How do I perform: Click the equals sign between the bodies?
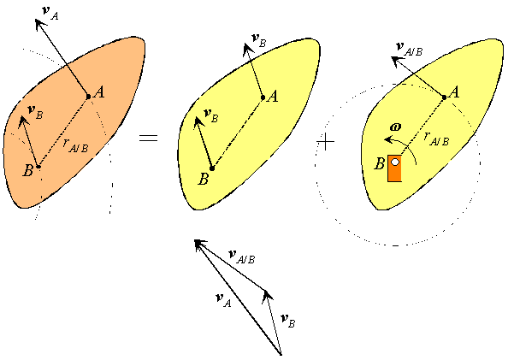148,138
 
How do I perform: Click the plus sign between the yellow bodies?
326,142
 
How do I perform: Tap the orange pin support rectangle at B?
394,168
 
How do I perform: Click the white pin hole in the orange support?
395,162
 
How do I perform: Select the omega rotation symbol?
396,127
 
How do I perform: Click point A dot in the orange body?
88,97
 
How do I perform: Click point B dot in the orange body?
38,167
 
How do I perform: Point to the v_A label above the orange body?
50,13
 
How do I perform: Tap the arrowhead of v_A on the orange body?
38,24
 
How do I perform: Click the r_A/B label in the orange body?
76,145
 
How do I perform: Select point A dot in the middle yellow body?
263,97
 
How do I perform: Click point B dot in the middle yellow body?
212,168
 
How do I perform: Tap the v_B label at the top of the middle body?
258,41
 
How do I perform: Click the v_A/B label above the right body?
409,50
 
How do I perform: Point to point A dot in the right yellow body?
444,97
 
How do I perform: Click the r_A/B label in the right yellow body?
436,139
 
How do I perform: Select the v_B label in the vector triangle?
288,321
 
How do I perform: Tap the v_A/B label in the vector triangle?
242,257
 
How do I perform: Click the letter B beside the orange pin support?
380,163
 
